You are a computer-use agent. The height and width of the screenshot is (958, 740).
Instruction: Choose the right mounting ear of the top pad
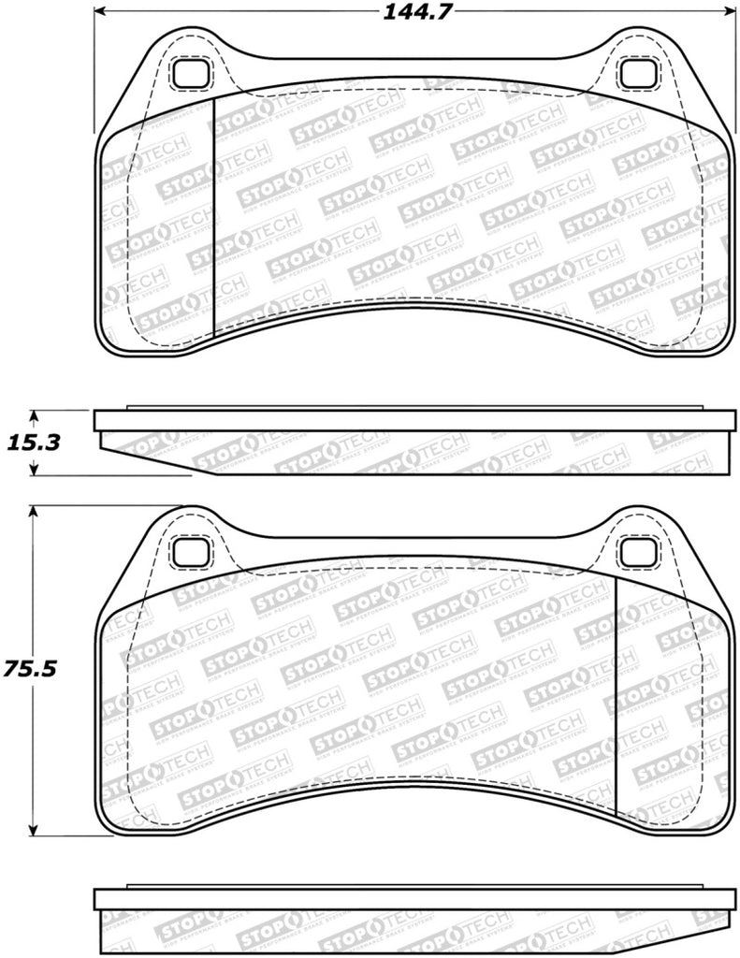(639, 54)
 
